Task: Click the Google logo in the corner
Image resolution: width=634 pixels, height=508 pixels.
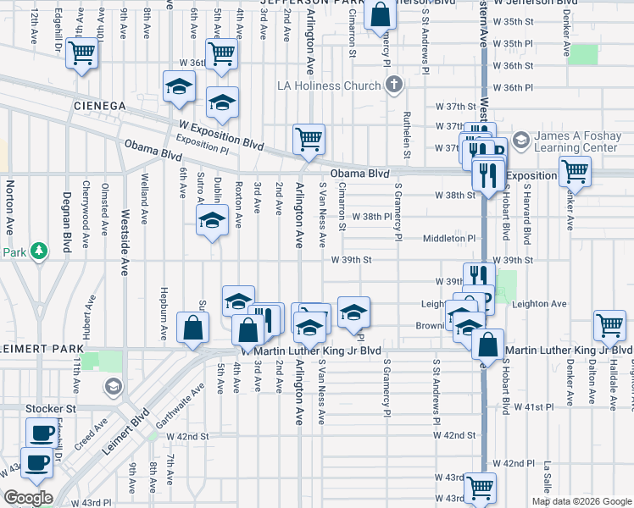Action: pos(28,498)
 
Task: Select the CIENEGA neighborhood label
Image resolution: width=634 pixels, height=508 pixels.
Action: pos(99,106)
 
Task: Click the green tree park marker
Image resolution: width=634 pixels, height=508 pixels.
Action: pos(39,251)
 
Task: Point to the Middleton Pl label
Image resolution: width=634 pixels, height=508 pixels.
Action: pos(449,238)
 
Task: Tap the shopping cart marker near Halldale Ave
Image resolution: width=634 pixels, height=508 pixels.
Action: pos(610,325)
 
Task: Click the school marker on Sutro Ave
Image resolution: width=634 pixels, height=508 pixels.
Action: pos(211,223)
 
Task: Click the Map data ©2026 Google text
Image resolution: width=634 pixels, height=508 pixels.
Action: pos(581,501)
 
